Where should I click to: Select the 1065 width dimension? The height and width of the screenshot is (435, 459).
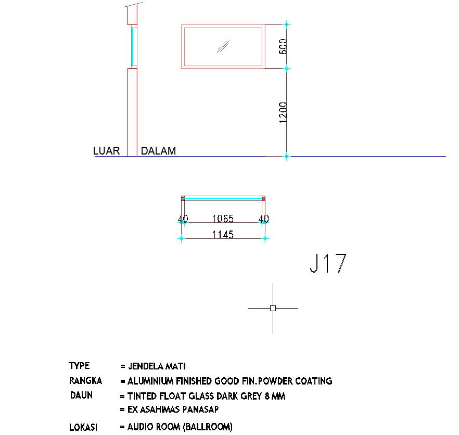pos(222,219)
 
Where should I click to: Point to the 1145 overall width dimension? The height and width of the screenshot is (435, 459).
pos(223,235)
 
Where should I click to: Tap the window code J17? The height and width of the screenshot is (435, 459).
pos(327,264)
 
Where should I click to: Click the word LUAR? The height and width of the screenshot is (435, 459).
pos(106,151)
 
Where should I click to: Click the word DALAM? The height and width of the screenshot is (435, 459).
pos(159,151)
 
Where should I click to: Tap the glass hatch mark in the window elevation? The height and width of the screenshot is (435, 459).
pos(223,46)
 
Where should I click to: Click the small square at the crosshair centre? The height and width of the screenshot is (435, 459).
pos(273,308)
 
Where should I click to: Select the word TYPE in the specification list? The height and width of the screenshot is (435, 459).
pos(79,366)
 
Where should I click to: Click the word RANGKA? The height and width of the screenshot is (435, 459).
pos(85,380)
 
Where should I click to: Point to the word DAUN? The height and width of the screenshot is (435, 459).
pos(81,395)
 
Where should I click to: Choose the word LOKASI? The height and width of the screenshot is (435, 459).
pos(83,427)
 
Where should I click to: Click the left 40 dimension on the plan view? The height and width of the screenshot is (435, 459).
pos(183,219)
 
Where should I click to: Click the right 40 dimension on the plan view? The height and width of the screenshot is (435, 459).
pos(264,219)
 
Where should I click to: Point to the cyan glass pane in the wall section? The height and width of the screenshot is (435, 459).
pos(133,47)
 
